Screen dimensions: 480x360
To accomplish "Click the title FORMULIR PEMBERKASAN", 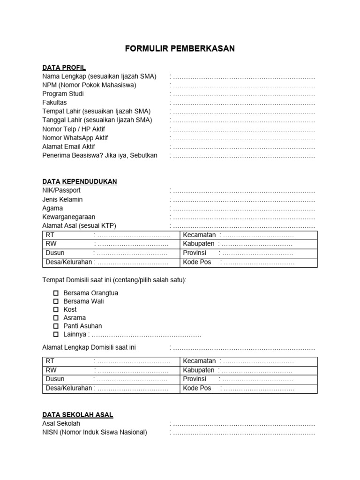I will pos(180,49).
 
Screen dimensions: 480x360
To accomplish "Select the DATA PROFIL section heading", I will pos(64,67).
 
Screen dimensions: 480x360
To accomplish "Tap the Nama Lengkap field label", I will pos(99,76).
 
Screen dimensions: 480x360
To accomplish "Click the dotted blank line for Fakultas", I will pos(243,103).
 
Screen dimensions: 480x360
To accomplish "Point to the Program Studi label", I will pos(63,94).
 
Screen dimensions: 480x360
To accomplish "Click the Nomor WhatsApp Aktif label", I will pos(75,138).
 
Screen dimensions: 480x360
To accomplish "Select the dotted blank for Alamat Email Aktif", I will pos(243,147).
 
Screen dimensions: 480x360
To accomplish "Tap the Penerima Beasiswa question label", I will pos(100,155).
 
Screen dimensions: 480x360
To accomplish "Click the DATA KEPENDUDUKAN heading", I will pos(80,181).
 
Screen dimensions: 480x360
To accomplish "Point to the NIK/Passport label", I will pos(61,190).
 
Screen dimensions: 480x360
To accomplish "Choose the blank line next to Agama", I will pos(243,208).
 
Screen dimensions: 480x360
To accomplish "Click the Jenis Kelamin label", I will pos(62,199).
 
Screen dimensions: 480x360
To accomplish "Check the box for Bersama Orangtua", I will pos(56,293).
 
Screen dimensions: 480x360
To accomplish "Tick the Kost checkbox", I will pos(56,310).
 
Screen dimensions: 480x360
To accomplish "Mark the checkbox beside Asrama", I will pos(56,318).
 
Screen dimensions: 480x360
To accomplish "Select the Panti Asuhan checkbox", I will pos(56,326).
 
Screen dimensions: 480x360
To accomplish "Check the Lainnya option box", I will pos(56,335).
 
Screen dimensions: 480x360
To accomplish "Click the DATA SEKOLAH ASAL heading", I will pos(77,415).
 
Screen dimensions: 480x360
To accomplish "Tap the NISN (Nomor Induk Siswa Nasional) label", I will pos(95,432).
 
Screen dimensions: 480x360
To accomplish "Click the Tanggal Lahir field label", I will pos(97,120).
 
